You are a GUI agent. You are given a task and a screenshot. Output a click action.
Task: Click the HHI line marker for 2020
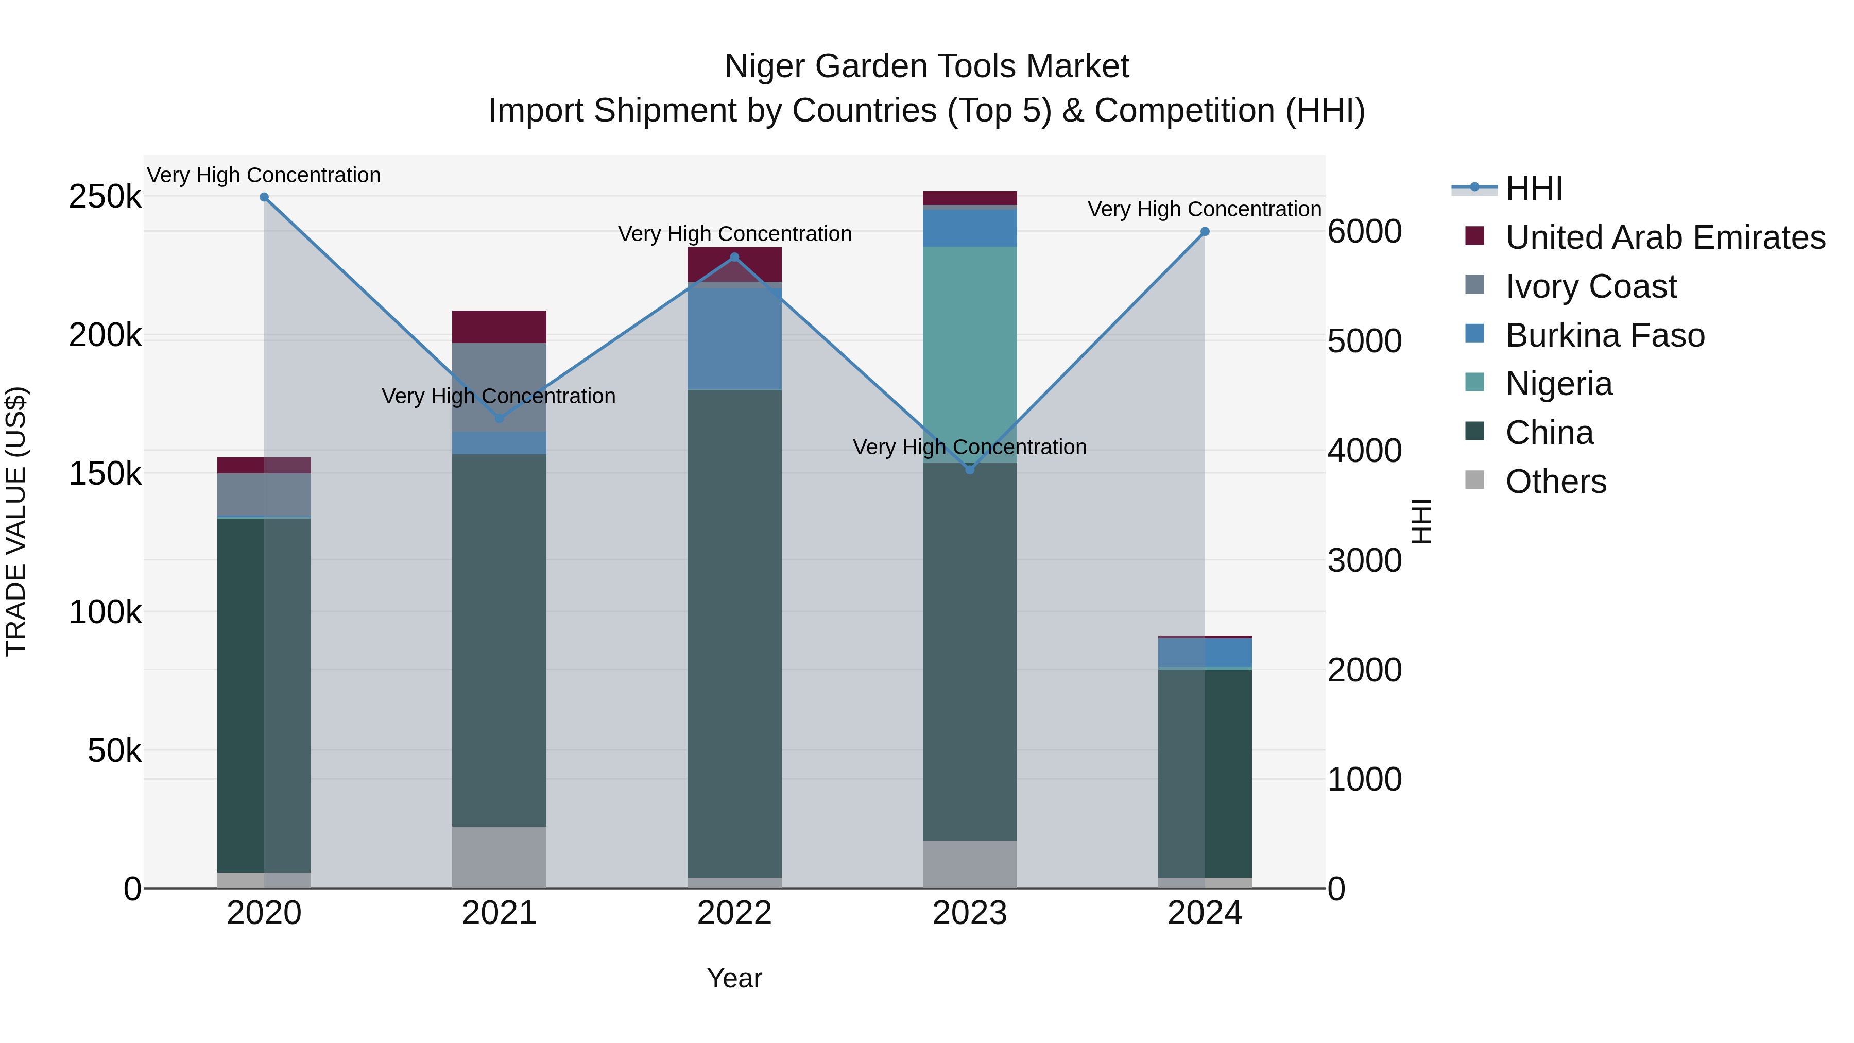[264, 197]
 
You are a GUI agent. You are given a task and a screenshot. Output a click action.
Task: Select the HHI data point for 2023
[969, 469]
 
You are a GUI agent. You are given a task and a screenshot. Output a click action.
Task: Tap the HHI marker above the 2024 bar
[1205, 232]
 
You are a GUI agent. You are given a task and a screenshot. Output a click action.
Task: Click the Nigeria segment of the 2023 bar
[969, 353]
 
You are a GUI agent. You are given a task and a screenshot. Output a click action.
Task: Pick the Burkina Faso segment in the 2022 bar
[734, 339]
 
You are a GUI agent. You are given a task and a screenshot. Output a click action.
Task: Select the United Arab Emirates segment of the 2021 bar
[499, 327]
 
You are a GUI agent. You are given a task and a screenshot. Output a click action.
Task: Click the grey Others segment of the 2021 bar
[499, 857]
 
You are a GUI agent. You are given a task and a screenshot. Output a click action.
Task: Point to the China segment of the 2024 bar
[1205, 774]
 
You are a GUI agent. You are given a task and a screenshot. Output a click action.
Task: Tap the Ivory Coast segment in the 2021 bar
[499, 387]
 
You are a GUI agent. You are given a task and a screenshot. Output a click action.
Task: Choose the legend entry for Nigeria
[1558, 384]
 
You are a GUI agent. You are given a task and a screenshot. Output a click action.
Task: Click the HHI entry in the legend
[1533, 189]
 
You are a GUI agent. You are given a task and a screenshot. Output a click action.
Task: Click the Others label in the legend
[1555, 482]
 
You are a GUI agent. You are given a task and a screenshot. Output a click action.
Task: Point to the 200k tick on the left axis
[105, 335]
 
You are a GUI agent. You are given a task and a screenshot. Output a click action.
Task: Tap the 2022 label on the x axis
[734, 913]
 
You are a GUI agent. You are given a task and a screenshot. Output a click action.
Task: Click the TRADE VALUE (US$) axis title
[16, 521]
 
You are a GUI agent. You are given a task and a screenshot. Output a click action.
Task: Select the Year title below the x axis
[734, 978]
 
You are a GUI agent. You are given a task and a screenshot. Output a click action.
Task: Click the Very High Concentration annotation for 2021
[499, 396]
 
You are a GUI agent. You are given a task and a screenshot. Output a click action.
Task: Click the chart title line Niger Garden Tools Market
[926, 66]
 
